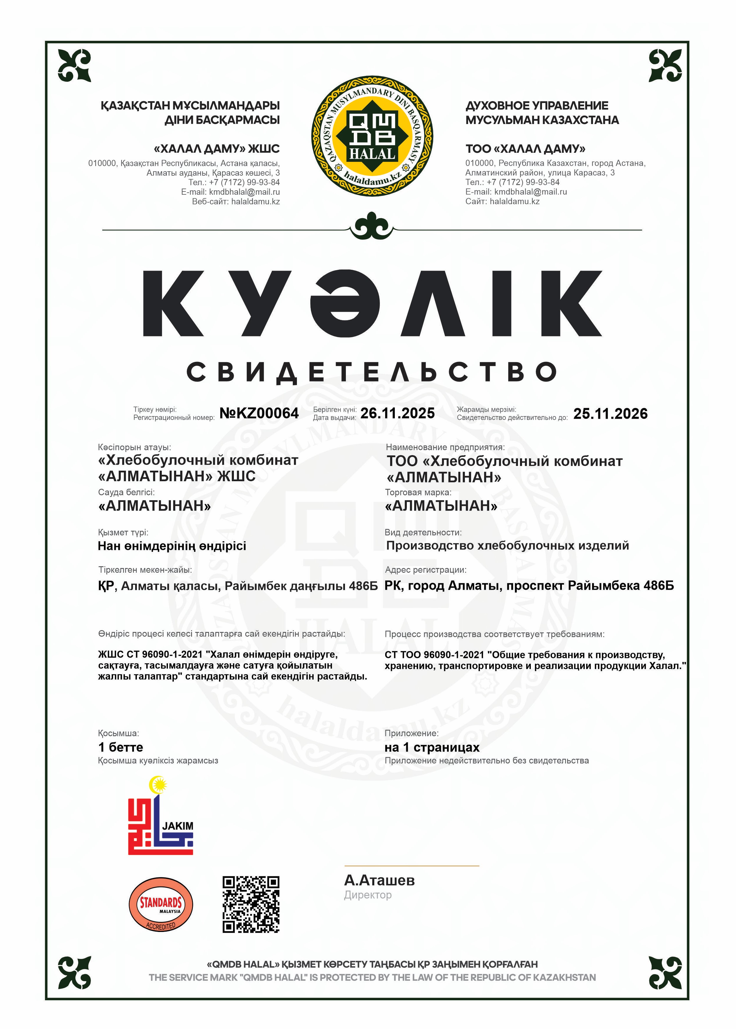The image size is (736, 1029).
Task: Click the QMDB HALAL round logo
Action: click(372, 136)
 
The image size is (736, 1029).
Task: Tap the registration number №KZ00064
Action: click(259, 413)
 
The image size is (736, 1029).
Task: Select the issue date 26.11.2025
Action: click(397, 413)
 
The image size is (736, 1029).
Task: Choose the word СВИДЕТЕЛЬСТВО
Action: click(372, 372)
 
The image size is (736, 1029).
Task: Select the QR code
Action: click(251, 904)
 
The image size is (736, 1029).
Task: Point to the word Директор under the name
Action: click(368, 895)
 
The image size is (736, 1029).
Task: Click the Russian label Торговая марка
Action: click(418, 492)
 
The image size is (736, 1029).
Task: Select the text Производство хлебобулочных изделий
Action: click(507, 545)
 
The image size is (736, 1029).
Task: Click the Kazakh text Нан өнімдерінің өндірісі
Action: click(172, 546)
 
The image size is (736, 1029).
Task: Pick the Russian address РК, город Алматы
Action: click(529, 586)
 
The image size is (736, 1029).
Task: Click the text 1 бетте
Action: click(120, 747)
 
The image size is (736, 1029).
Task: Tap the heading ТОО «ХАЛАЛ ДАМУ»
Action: click(525, 149)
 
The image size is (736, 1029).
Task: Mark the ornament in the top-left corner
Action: click(74, 66)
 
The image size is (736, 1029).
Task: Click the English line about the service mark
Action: click(372, 977)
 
